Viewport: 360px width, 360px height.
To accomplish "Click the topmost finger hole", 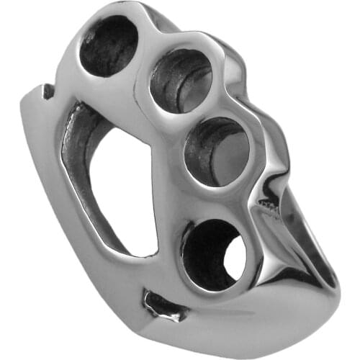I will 108,45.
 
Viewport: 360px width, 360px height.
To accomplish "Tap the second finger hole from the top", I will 180,81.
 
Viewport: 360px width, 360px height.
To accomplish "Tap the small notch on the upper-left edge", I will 48,91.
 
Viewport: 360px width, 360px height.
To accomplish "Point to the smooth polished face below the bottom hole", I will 245,310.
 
